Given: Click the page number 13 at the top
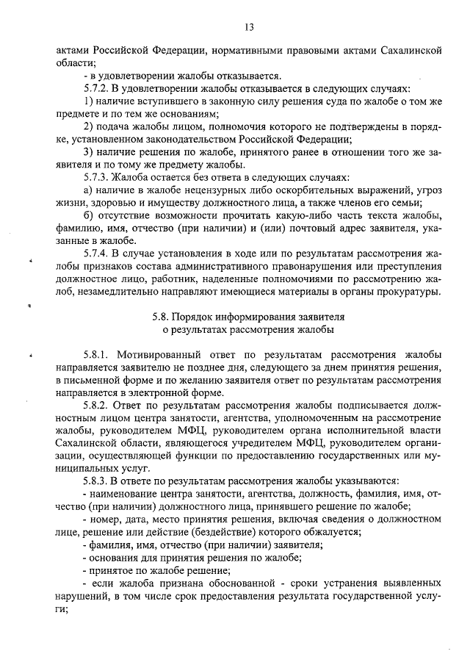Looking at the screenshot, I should pyautogui.click(x=249, y=28).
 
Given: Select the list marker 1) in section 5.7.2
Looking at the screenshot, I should pyautogui.click(x=88, y=101).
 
